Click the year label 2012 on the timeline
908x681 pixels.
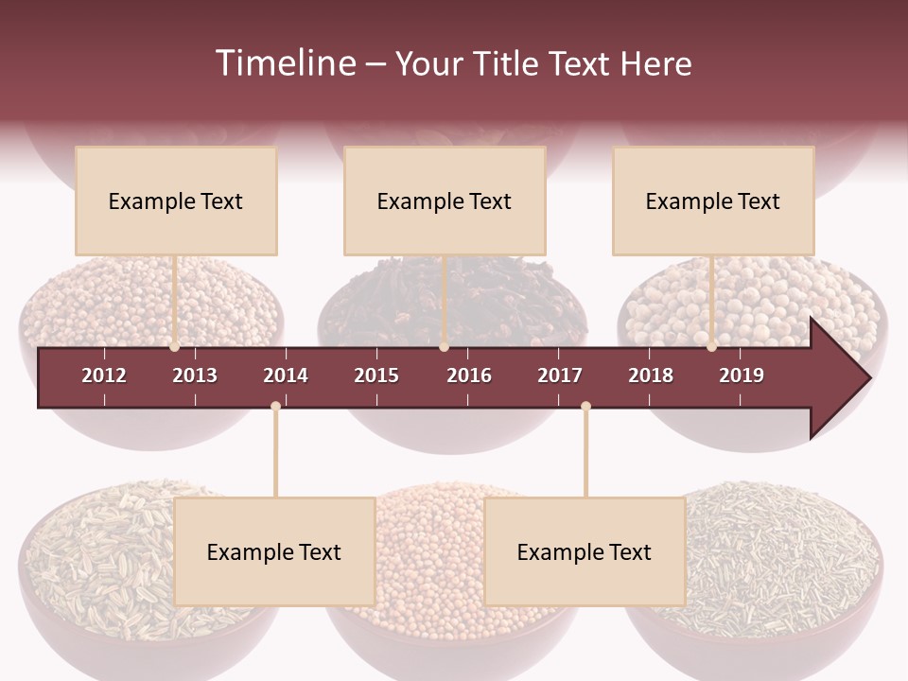coord(104,375)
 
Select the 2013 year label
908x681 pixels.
coord(195,375)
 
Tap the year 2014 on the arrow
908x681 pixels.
coord(286,375)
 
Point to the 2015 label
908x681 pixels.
coord(376,375)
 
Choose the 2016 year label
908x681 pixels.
coord(469,375)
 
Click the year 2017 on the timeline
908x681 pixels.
coord(560,375)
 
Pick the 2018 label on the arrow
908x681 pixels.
coord(651,375)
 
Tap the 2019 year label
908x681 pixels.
coord(742,375)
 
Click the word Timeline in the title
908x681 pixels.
coord(284,63)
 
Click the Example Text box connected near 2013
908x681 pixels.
coord(176,201)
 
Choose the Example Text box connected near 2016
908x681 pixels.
coord(445,201)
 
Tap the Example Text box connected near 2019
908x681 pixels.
coord(713,201)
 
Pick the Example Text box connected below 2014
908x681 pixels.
coord(274,551)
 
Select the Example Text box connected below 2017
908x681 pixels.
coord(585,551)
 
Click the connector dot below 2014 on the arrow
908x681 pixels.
coord(275,407)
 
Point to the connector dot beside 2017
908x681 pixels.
coord(585,407)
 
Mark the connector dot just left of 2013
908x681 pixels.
coord(175,347)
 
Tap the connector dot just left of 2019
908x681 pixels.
coord(712,347)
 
